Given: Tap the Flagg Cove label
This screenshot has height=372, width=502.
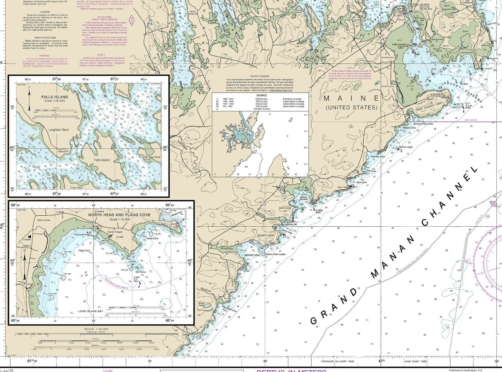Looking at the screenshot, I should click(x=84, y=250).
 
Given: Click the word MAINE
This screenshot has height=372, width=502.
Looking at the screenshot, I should click(x=351, y=98).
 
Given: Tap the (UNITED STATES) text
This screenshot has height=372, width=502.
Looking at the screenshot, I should click(x=351, y=107).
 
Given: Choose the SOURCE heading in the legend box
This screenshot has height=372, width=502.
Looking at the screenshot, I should click(x=261, y=95).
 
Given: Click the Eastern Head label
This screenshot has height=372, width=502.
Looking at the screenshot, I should click(x=266, y=236).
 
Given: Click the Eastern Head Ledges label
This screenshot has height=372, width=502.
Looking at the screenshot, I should click(x=276, y=254).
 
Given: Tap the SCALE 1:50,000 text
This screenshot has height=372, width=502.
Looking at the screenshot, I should click(x=96, y=329).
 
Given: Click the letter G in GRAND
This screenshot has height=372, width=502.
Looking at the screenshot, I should click(x=314, y=320).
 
